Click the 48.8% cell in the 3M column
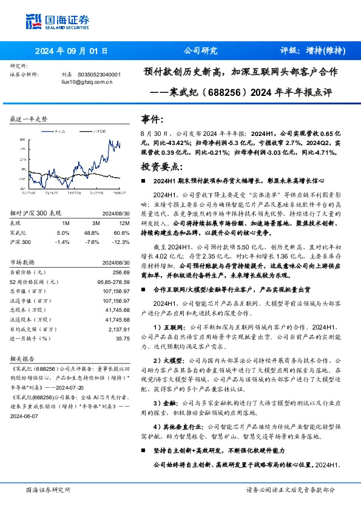92,233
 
